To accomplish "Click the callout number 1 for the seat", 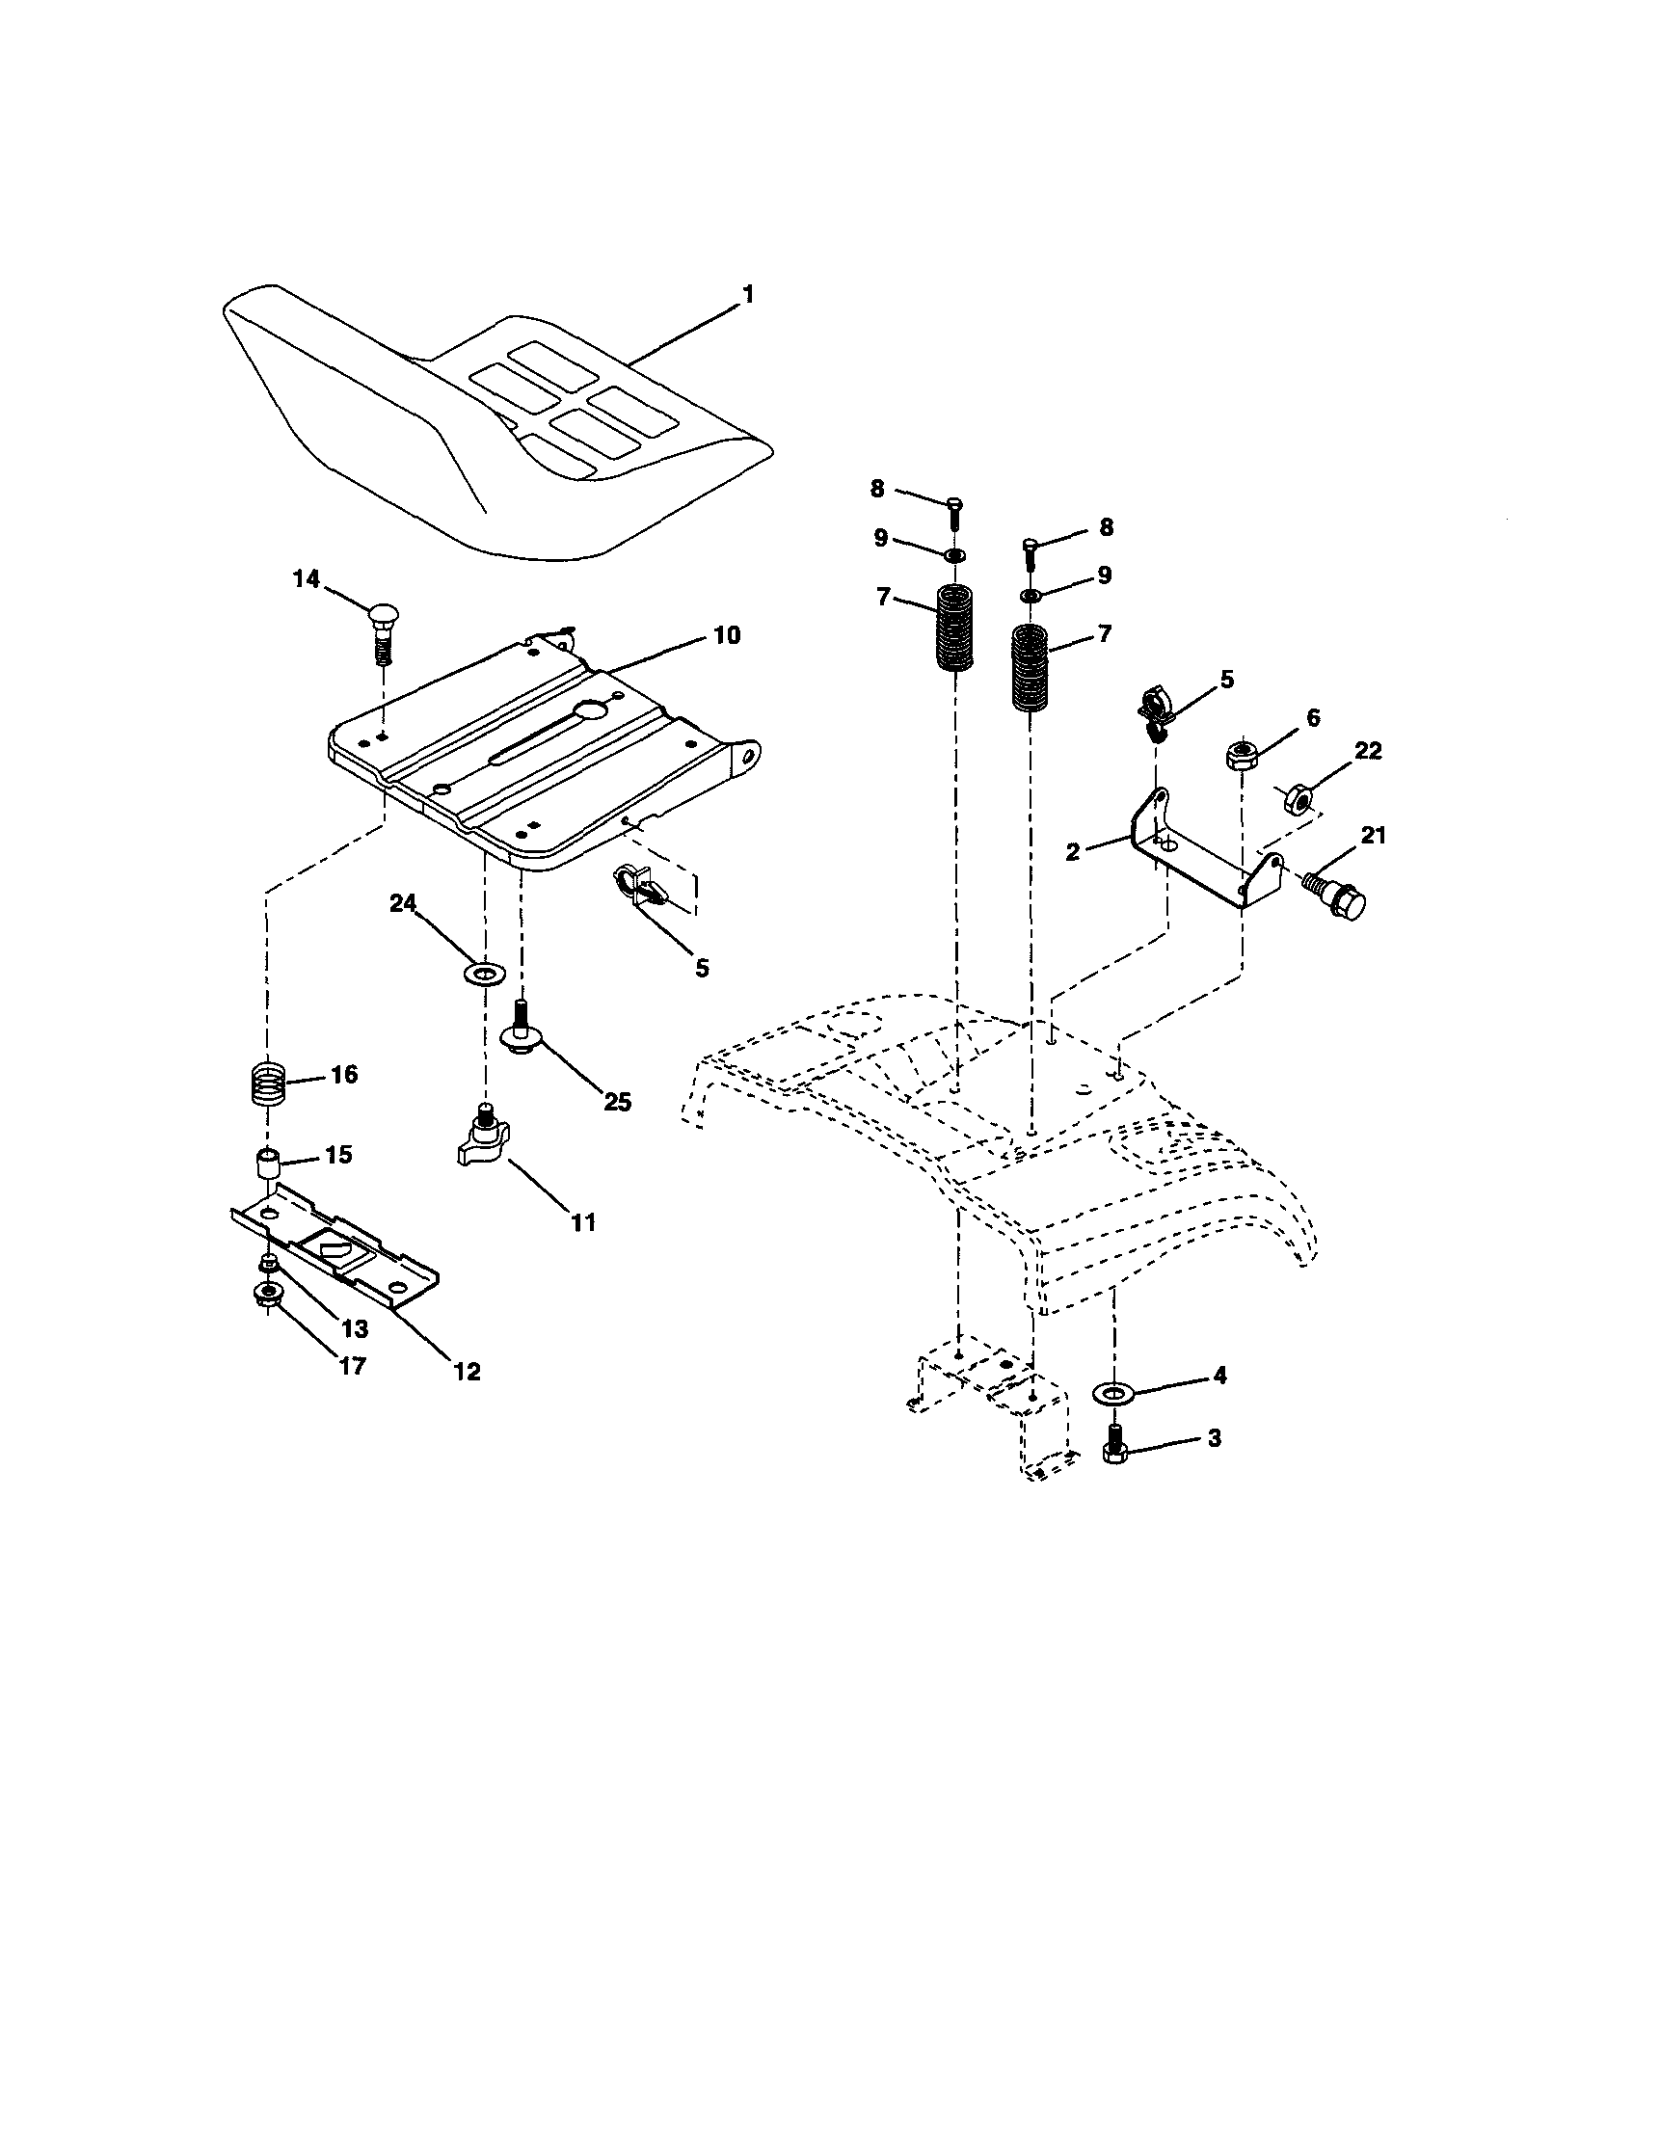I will [748, 294].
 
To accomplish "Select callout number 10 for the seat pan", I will [726, 635].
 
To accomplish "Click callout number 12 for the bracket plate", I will [468, 1371].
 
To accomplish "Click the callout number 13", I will [354, 1328].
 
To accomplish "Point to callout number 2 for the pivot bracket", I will [1072, 852].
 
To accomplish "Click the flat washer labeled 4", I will [1111, 1392].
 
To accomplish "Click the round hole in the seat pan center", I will [593, 709].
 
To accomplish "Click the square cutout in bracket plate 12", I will [333, 1251].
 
